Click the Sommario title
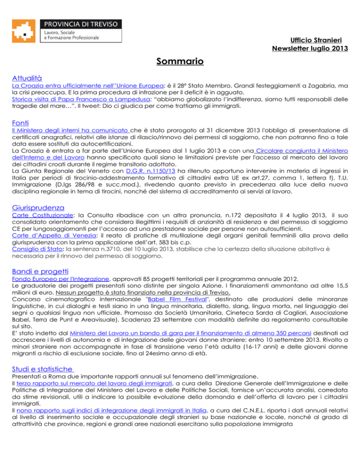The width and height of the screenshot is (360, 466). (x=180, y=61)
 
